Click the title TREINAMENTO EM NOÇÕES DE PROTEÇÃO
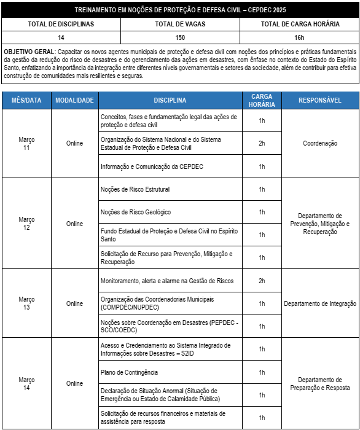point(180,10)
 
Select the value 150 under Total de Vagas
point(180,36)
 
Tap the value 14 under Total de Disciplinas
point(61,36)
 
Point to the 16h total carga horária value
point(300,36)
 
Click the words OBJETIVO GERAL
point(28,52)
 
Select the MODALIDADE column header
point(74,100)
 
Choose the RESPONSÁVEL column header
point(319,100)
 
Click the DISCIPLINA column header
point(170,100)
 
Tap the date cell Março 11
point(26,144)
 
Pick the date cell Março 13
point(26,303)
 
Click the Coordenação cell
point(319,143)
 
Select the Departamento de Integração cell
point(319,303)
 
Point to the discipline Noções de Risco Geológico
point(136,212)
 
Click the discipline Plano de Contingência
point(129,372)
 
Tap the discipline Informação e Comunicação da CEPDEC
point(152,166)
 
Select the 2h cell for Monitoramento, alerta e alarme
point(262,281)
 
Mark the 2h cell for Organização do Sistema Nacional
point(262,143)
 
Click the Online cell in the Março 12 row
point(74,224)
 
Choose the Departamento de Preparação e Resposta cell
point(319,383)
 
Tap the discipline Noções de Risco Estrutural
point(135,189)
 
